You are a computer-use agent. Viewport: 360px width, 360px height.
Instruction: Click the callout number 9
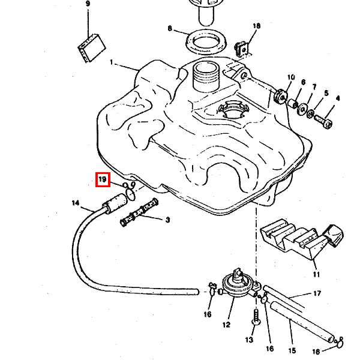pos(88,4)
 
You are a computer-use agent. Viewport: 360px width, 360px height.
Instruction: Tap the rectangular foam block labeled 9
pos(92,48)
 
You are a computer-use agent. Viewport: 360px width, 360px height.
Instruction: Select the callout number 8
pos(170,28)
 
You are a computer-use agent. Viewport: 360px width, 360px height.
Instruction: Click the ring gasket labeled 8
pos(206,42)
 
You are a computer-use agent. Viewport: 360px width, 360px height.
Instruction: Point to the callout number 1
pos(112,62)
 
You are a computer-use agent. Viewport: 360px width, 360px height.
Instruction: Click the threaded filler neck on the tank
pos(206,77)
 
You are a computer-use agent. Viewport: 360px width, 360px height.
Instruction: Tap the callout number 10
pos(291,77)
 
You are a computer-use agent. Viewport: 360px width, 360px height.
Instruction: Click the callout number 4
pos(337,98)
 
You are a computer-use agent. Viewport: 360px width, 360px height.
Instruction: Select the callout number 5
pos(326,93)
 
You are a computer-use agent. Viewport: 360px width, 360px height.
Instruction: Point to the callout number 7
pos(314,87)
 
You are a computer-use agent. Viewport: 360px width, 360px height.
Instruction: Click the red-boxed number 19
pos(103,179)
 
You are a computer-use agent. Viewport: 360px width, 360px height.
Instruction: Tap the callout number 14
pos(76,203)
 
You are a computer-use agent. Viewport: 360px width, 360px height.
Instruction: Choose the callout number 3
pos(168,220)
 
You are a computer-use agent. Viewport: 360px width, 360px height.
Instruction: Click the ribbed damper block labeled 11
pos(302,239)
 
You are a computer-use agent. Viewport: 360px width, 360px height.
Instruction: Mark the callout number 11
pos(316,274)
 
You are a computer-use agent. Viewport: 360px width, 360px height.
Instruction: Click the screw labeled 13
pos(256,317)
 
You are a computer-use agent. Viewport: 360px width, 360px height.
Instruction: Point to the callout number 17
pos(317,293)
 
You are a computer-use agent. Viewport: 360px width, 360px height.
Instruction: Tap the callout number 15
pos(292,350)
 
